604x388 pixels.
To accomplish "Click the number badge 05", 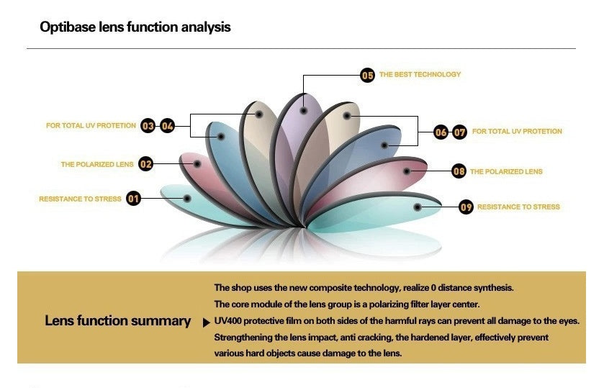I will (367, 75).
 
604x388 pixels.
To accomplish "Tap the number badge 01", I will (133, 198).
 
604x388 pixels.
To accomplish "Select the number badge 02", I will (146, 164).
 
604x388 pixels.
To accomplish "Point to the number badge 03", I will (148, 126).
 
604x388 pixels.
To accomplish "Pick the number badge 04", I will (167, 126).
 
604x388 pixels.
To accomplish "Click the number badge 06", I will (441, 132).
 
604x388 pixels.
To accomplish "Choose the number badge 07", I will (460, 132).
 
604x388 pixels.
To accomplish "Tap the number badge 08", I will (459, 171).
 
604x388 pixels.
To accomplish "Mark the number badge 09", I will (466, 207).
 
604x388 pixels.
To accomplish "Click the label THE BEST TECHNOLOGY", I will (420, 75).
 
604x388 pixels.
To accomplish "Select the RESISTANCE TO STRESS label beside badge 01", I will (80, 199).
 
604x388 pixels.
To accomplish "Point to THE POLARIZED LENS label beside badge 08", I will (506, 172).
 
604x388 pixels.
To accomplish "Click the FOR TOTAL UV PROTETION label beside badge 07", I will (517, 132).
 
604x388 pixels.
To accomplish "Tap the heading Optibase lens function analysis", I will (135, 27).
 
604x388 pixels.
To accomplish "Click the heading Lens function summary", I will (117, 321).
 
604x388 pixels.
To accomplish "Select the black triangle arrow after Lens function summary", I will (207, 321).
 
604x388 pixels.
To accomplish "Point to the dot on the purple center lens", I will (305, 111).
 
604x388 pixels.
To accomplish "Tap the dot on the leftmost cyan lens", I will (187, 198).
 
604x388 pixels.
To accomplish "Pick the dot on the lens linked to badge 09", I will (418, 206).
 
